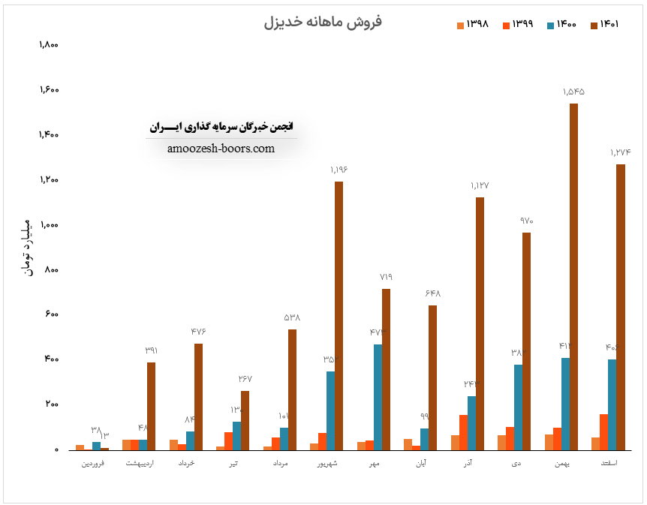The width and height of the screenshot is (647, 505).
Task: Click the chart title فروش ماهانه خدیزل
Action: click(x=323, y=22)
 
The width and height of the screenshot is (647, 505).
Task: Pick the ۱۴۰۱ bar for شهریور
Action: click(x=339, y=315)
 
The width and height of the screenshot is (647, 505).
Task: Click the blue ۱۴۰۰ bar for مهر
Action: click(x=378, y=397)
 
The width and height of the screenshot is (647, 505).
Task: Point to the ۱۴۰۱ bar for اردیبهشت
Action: click(x=151, y=406)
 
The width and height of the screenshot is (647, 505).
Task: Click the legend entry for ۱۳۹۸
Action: click(x=472, y=25)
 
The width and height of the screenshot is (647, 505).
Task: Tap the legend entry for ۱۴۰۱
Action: click(x=605, y=25)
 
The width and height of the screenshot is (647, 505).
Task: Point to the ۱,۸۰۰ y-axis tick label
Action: click(x=49, y=45)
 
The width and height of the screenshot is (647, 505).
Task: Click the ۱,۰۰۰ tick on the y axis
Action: click(x=49, y=225)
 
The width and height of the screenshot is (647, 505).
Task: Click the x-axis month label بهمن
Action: click(x=562, y=464)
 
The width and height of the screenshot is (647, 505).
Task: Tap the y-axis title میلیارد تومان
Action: click(x=28, y=247)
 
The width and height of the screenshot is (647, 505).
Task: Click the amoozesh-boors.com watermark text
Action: click(x=221, y=149)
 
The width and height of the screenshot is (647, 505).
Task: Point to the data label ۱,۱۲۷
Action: click(x=480, y=185)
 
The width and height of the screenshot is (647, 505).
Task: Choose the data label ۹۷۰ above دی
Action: click(x=526, y=221)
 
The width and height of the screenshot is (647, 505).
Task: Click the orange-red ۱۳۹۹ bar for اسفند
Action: click(x=604, y=431)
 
